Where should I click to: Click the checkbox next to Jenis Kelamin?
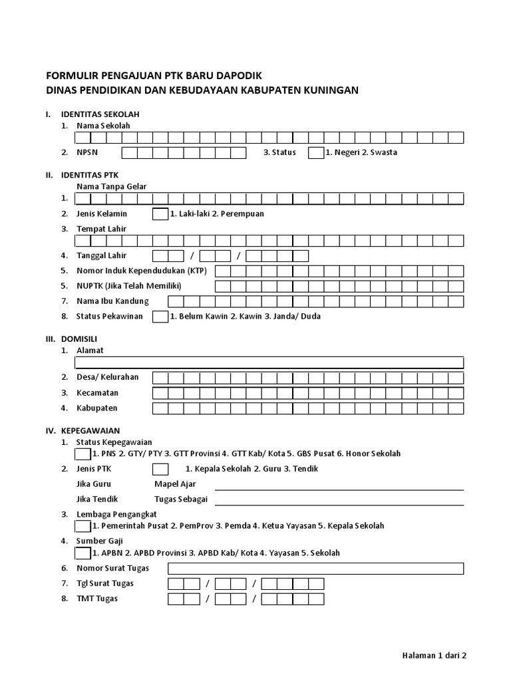click(160, 214)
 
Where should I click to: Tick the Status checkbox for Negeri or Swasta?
click(315, 153)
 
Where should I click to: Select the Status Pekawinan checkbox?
click(160, 317)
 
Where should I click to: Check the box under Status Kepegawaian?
click(83, 454)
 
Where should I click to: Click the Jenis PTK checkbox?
click(160, 469)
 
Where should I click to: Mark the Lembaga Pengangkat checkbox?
click(83, 526)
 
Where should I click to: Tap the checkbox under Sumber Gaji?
click(83, 553)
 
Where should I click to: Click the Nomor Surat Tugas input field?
click(315, 569)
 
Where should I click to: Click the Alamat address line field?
click(269, 362)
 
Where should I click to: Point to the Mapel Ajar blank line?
click(339, 485)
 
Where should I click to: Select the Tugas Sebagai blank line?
click(339, 500)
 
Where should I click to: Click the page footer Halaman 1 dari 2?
click(434, 655)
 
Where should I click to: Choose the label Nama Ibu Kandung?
click(112, 301)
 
